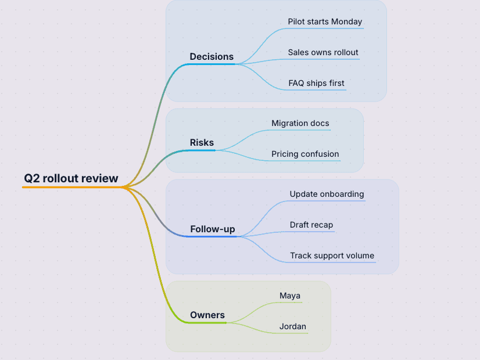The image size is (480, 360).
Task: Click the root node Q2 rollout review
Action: pyautogui.click(x=71, y=178)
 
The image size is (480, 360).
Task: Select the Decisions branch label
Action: pyautogui.click(x=212, y=56)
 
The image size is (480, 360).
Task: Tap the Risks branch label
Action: pyautogui.click(x=202, y=142)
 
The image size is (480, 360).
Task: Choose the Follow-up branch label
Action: pyautogui.click(x=213, y=229)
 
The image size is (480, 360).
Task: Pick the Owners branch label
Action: pyautogui.click(x=207, y=315)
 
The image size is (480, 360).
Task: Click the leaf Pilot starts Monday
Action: pyautogui.click(x=325, y=21)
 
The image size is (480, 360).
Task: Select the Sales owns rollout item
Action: pyautogui.click(x=323, y=52)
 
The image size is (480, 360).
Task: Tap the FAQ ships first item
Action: pyautogui.click(x=316, y=83)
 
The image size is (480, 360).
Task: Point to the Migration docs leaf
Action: pyautogui.click(x=300, y=123)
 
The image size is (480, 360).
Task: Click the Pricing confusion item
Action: pyautogui.click(x=305, y=154)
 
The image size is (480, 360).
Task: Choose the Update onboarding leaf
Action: pyautogui.click(x=327, y=194)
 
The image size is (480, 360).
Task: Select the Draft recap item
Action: pyautogui.click(x=311, y=225)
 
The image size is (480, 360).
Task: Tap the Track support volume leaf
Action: pyautogui.click(x=332, y=255)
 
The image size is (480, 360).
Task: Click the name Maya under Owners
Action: pyautogui.click(x=290, y=296)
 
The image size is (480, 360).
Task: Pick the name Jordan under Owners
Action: pyautogui.click(x=293, y=326)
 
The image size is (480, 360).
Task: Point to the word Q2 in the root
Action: pyautogui.click(x=32, y=178)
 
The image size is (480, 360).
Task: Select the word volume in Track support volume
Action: pyautogui.click(x=360, y=255)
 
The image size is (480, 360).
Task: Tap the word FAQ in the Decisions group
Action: pyautogui.click(x=296, y=83)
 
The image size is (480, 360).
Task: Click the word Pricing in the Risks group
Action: pyautogui.click(x=285, y=154)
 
